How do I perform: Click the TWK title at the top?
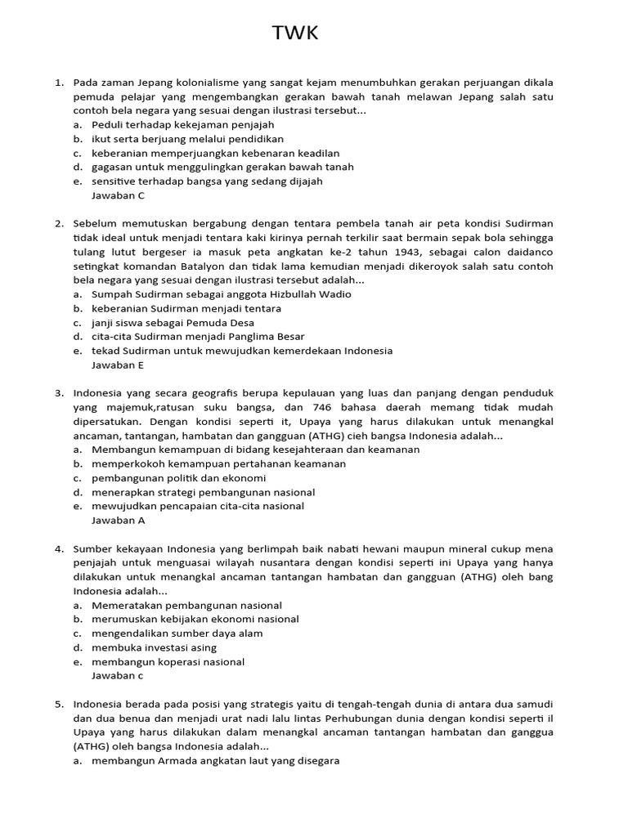click(294, 34)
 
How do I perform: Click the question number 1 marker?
click(59, 83)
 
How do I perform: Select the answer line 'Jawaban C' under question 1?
click(118, 195)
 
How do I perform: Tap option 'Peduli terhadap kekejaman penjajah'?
click(182, 125)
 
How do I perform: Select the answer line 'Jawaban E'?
click(118, 365)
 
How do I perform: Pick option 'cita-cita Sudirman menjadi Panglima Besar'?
click(198, 336)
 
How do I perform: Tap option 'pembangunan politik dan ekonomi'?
click(178, 477)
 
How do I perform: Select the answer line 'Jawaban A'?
click(118, 520)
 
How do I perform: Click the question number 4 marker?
click(59, 548)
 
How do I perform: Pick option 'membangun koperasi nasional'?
click(168, 661)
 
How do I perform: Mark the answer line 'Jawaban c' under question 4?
click(117, 675)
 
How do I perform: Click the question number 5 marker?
click(59, 704)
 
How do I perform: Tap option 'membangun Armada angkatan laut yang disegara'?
click(215, 760)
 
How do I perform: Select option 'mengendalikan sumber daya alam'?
click(177, 633)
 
